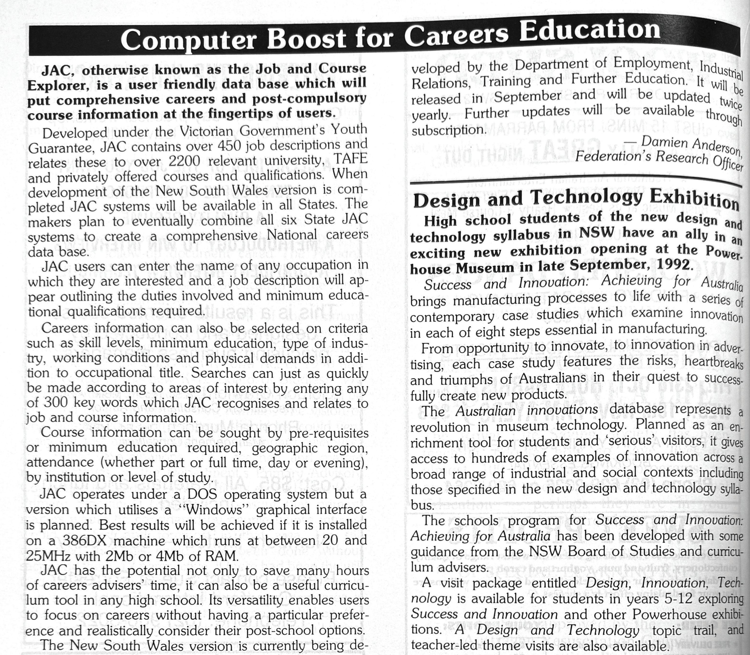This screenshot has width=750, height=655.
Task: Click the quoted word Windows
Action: click(x=214, y=510)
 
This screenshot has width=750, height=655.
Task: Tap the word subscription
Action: click(x=449, y=130)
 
